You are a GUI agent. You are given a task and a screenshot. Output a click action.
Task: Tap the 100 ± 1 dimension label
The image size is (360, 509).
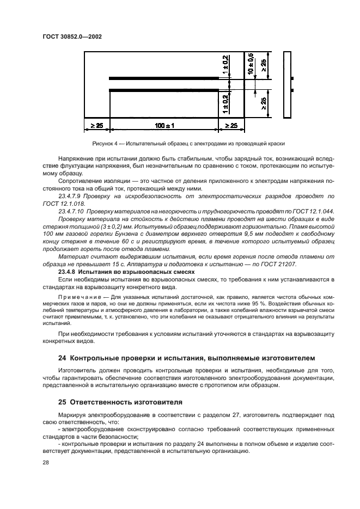point(164,126)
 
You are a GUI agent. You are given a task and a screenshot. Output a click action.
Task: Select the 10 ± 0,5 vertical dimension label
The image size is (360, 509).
point(251,64)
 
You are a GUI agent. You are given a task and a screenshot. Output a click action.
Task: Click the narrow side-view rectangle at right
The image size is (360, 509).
point(289,84)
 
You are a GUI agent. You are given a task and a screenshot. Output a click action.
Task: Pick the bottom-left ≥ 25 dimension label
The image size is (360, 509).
point(96,126)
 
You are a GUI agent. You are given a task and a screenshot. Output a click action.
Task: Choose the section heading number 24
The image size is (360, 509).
point(61,358)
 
